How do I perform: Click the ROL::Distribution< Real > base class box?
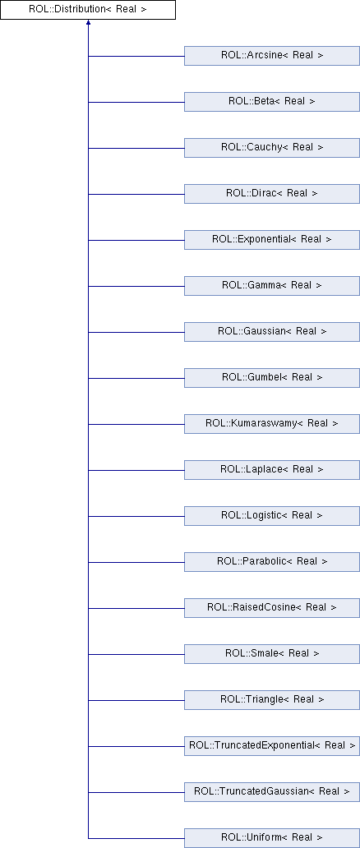[x=88, y=10]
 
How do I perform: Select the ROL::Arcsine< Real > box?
[x=272, y=56]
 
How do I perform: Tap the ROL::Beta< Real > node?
[x=272, y=102]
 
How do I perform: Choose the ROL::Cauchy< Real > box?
[x=272, y=148]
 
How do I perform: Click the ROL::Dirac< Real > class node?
[x=272, y=194]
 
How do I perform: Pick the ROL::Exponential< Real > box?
[x=272, y=240]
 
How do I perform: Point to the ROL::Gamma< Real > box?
[x=272, y=286]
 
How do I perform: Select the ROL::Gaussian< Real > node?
[x=272, y=331]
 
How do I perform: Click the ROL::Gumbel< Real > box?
[x=272, y=377]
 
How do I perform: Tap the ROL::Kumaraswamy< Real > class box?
[x=272, y=423]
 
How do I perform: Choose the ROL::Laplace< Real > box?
[x=272, y=469]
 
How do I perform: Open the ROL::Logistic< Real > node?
[x=272, y=515]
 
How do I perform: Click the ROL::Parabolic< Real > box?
[x=272, y=562]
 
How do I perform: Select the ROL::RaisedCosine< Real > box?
[x=272, y=608]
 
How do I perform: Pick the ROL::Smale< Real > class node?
[x=272, y=654]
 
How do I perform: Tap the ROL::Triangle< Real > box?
[x=272, y=700]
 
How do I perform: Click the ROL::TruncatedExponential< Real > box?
[x=272, y=746]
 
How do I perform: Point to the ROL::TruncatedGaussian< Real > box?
[x=272, y=792]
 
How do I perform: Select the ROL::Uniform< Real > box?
[x=272, y=837]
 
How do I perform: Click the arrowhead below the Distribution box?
[x=88, y=22]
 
